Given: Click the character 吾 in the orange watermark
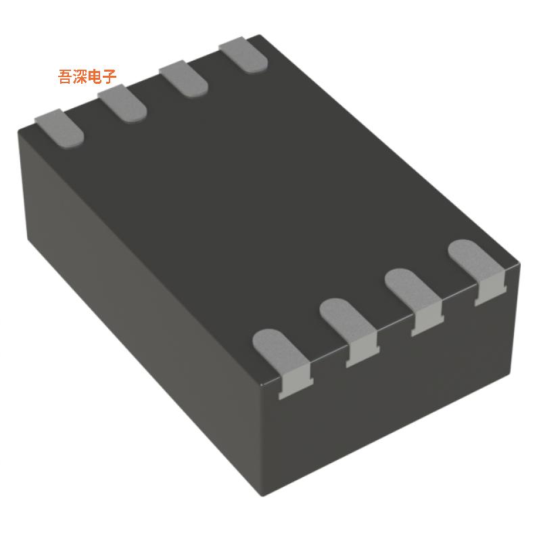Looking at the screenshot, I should [x=66, y=76].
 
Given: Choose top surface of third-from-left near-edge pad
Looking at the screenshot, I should [x=411, y=289].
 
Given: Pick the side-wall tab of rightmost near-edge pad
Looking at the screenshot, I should [x=489, y=292].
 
